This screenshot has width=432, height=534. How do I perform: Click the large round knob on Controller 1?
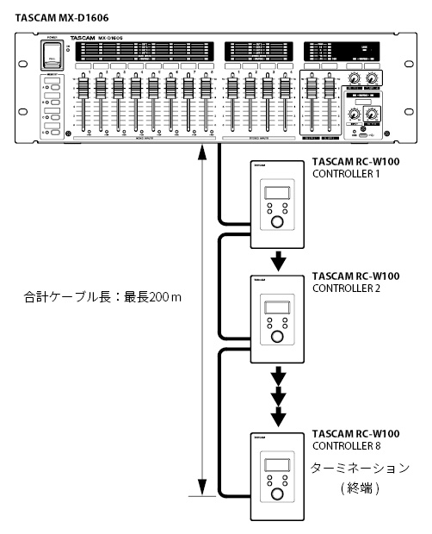tap(277, 223)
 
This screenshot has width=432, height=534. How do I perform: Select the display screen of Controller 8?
tap(275, 464)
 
